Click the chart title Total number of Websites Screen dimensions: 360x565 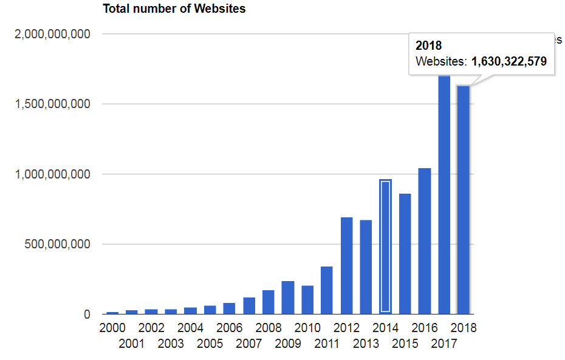point(174,9)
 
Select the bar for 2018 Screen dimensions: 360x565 point(464,200)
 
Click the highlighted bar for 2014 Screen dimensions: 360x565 point(385,247)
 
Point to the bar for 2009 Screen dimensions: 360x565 point(288,297)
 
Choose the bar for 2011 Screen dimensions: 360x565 point(327,290)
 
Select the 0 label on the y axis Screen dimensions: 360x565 point(87,314)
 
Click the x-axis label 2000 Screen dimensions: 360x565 point(112,328)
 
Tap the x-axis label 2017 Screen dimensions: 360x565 point(444,344)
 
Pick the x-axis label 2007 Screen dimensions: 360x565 point(248,344)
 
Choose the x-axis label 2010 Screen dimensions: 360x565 point(307,328)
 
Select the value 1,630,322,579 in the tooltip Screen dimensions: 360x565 point(509,61)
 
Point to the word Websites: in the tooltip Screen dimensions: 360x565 point(442,61)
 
